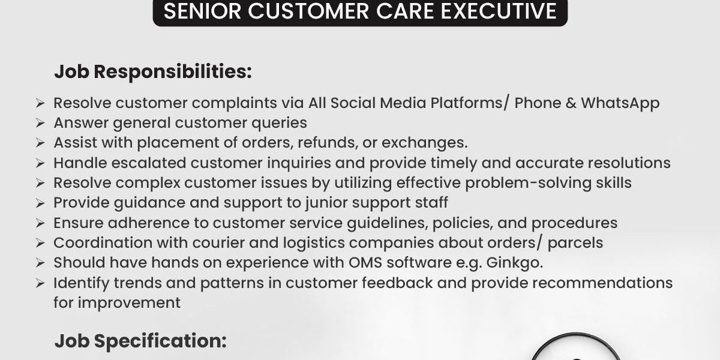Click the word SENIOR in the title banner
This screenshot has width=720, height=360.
[x=202, y=11]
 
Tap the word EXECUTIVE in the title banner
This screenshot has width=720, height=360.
[x=499, y=11]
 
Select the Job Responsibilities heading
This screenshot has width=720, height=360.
[x=153, y=72]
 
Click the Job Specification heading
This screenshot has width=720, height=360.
[x=140, y=341]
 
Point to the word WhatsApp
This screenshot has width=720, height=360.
[x=620, y=104]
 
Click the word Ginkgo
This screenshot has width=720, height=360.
[x=514, y=263]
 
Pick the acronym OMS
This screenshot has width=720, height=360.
[x=365, y=263]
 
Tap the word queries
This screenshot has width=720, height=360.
[x=279, y=124]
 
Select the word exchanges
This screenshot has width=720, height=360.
[x=424, y=143]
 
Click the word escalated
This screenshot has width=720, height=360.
[x=149, y=163]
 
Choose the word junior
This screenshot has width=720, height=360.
[x=326, y=203]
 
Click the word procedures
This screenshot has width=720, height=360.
[x=574, y=223]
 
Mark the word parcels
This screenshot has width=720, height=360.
[x=575, y=244]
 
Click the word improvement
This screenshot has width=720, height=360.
[x=129, y=303]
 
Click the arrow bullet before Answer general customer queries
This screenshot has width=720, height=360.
[x=40, y=123]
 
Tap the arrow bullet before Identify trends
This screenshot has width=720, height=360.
[x=40, y=283]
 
